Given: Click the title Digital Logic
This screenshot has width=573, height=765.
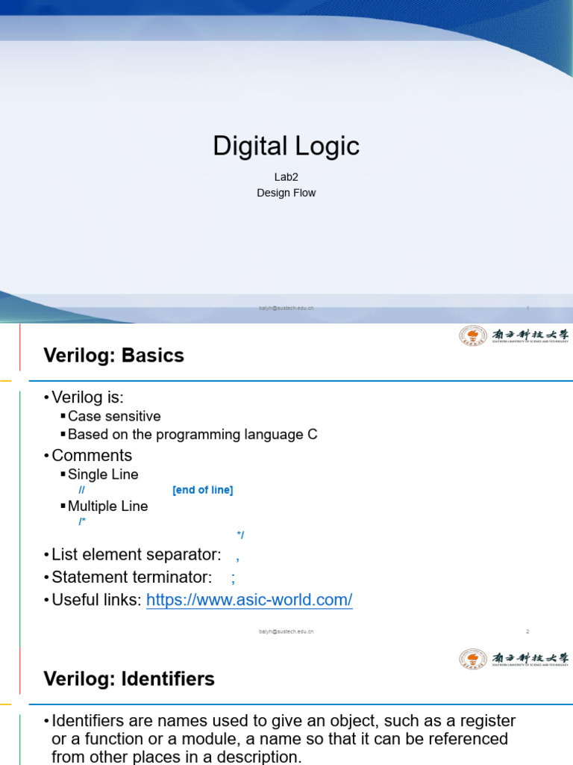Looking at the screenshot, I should tap(286, 146).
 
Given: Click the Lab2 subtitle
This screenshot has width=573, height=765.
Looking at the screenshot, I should tap(286, 178).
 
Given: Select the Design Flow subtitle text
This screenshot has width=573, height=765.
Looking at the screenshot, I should tap(286, 193).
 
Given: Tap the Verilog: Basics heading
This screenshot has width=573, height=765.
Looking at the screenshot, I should tap(113, 356).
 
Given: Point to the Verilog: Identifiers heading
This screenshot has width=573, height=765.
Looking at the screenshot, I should tap(129, 678).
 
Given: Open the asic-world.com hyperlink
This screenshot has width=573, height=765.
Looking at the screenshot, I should tap(249, 600).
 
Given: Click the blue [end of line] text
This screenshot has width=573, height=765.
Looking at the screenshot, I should tap(202, 490).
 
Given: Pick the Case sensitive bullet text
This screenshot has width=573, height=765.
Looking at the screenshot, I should tap(113, 416).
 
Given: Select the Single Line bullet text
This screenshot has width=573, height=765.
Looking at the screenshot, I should tap(102, 474).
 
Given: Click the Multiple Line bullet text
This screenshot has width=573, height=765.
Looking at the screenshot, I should tap(107, 506).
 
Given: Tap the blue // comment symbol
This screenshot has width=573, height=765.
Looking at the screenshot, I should tap(81, 490).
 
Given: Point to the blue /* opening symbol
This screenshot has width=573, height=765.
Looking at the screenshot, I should tap(82, 521).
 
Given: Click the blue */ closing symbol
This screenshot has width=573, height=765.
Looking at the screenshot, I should tap(240, 535).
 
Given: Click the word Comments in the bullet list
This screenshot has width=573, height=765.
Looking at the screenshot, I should tap(92, 455).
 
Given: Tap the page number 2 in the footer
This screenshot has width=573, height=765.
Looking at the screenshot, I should tap(527, 631).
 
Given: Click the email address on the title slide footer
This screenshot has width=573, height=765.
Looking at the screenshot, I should tap(286, 308).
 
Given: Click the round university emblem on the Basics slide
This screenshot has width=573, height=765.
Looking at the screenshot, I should tap(472, 336).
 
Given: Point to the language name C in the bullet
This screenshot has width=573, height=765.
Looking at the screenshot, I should tap(313, 435).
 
